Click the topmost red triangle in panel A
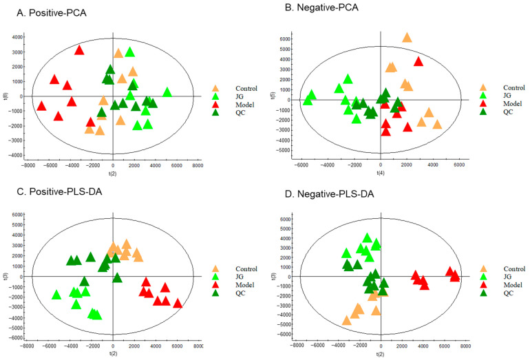pyautogui.click(x=79, y=50)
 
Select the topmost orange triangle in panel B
pyautogui.click(x=407, y=37)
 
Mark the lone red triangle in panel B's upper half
pyautogui.click(x=418, y=61)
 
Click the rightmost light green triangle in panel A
pyautogui.click(x=167, y=92)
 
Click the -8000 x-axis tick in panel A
pyautogui.click(x=28, y=166)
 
